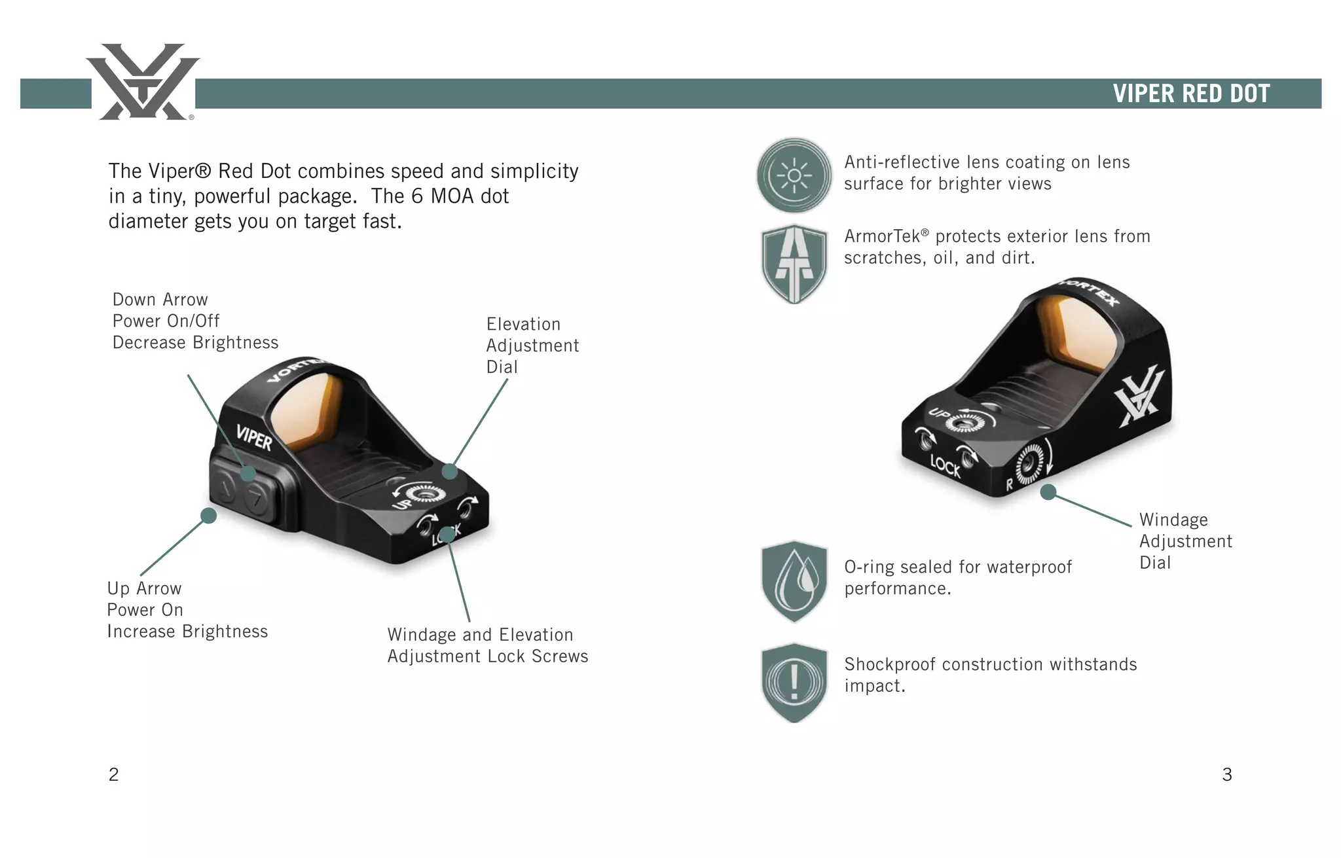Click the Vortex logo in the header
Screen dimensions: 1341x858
coord(143,82)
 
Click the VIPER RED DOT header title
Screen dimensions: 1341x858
coord(1191,94)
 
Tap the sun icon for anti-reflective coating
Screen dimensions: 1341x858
coord(794,175)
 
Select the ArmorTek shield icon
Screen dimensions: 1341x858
coord(794,264)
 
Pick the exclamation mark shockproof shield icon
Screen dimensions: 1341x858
coord(794,683)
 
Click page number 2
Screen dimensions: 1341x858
coord(113,775)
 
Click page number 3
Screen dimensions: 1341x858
coord(1227,775)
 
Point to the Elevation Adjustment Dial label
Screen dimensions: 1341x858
coord(532,346)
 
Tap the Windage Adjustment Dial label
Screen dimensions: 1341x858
coord(1185,541)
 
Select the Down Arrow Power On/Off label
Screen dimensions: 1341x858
coord(195,321)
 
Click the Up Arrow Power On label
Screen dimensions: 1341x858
coord(187,610)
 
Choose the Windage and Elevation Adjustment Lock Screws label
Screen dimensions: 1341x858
coord(487,645)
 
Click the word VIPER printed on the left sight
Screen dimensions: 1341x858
coord(254,437)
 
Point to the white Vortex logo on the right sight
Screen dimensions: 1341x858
coord(1140,398)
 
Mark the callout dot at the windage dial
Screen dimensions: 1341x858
coord(1048,492)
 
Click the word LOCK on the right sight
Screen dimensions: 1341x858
coord(945,466)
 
